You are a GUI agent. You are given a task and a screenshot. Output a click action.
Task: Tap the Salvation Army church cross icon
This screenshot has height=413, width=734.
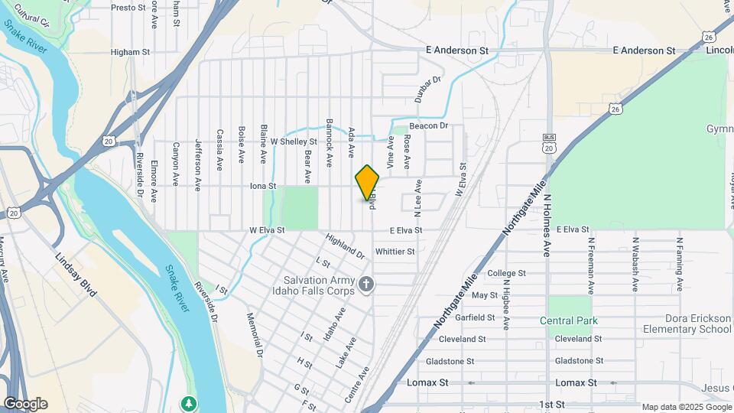(366, 285)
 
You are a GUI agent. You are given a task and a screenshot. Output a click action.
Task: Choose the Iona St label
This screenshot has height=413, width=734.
(262, 186)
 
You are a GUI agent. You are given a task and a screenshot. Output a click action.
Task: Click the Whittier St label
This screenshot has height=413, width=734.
(395, 251)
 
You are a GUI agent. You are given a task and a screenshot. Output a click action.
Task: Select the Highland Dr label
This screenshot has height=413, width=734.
(345, 246)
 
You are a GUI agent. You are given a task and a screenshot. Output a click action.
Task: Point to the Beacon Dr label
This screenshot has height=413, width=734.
(427, 125)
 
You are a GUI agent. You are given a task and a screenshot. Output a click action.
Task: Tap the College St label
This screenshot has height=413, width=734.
(507, 273)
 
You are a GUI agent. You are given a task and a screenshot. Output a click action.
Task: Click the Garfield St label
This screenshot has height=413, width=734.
(476, 317)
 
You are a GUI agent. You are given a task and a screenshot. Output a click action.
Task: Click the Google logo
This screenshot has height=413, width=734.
(25, 404)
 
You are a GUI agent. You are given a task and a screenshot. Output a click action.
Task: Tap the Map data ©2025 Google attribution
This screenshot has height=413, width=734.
(686, 407)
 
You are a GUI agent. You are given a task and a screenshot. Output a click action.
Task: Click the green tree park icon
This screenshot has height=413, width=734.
(188, 403)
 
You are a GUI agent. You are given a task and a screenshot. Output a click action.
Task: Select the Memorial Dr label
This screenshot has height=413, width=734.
(255, 336)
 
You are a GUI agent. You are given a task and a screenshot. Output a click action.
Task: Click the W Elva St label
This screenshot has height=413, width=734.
(267, 229)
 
